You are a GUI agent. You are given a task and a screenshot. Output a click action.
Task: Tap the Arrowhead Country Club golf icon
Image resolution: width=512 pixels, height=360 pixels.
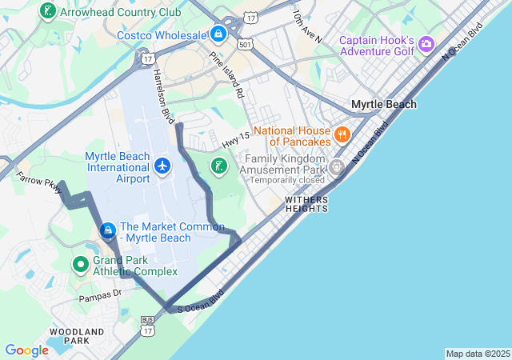[47, 12]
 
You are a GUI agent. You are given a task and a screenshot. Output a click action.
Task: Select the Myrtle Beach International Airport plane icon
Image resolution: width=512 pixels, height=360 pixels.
[162, 166]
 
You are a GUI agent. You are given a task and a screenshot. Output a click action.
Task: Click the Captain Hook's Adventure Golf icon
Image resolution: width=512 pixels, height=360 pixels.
[426, 43]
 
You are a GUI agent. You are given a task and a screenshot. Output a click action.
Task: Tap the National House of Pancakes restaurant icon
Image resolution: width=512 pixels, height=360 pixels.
[342, 134]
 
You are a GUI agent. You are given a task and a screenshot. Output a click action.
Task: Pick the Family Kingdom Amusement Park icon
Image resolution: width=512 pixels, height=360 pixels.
[336, 167]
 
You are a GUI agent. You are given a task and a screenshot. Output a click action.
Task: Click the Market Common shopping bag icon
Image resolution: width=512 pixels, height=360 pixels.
[107, 231]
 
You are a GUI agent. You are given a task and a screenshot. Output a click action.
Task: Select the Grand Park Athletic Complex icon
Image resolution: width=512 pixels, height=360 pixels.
[80, 263]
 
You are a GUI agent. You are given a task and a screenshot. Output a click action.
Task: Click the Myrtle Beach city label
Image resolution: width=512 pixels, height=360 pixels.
[384, 105]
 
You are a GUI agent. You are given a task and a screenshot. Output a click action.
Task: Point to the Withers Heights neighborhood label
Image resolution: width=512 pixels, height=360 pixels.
[306, 204]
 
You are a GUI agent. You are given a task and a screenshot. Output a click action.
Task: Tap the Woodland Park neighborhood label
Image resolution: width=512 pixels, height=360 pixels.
[77, 335]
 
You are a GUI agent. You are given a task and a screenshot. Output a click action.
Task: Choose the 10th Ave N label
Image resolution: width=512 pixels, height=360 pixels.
[306, 26]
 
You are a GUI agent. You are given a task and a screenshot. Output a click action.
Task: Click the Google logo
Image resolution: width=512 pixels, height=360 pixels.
[26, 350]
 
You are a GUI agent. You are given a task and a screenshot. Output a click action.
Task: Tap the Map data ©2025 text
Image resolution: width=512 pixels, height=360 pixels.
[477, 354]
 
